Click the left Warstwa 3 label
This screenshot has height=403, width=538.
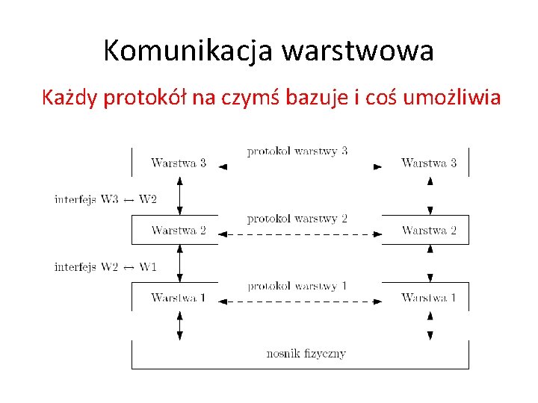(x=179, y=163)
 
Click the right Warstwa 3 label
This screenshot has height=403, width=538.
(x=429, y=163)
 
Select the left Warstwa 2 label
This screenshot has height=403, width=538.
(x=179, y=230)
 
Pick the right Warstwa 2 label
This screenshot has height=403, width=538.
(x=429, y=230)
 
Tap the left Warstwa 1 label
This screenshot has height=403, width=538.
(x=179, y=298)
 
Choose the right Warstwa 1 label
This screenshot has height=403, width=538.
(x=429, y=298)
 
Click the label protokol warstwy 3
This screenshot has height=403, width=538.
(x=297, y=151)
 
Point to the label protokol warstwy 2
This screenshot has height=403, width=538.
(x=297, y=219)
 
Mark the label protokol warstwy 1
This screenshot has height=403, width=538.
(x=297, y=286)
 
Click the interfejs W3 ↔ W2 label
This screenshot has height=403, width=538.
(x=105, y=199)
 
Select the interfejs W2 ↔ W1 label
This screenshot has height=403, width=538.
(x=105, y=267)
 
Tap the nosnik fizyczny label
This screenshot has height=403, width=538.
(x=306, y=353)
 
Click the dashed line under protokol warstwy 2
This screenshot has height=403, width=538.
(x=300, y=234)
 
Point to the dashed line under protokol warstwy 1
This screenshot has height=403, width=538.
(x=300, y=302)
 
